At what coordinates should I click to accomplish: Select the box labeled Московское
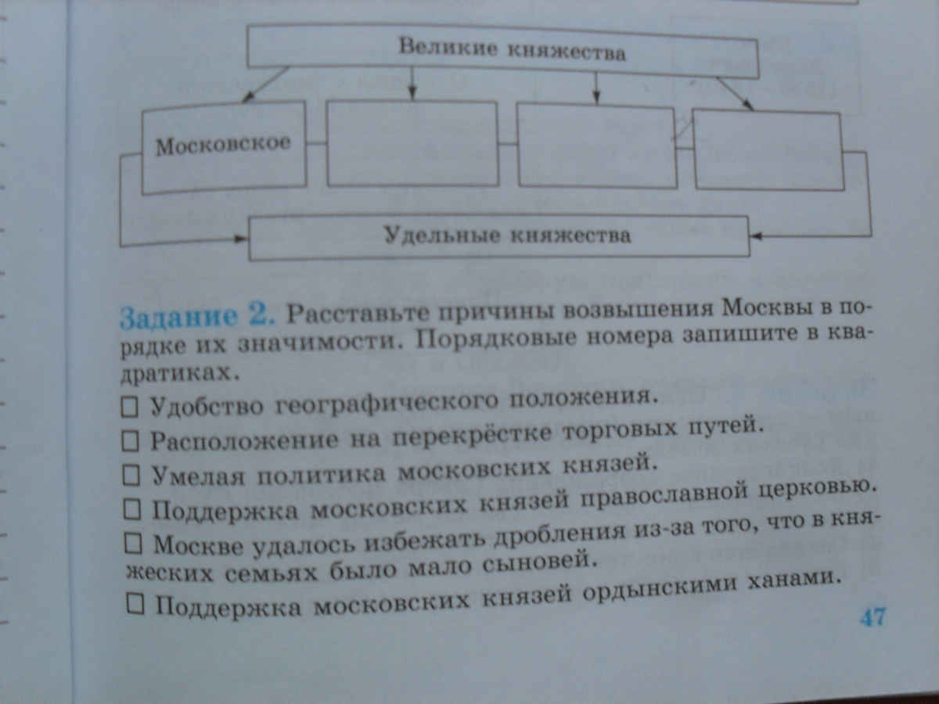tap(223, 146)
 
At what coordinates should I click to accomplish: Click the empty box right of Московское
tap(412, 143)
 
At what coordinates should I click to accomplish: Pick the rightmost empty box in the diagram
tap(767, 150)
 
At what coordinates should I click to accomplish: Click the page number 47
tap(872, 616)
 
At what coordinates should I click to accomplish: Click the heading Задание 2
tap(196, 316)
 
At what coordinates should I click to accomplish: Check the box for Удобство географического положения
tap(131, 406)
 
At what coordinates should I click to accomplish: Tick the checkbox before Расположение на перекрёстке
tap(131, 440)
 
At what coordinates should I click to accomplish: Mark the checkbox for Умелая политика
tap(131, 475)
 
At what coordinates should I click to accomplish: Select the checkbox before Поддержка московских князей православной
tap(132, 509)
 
